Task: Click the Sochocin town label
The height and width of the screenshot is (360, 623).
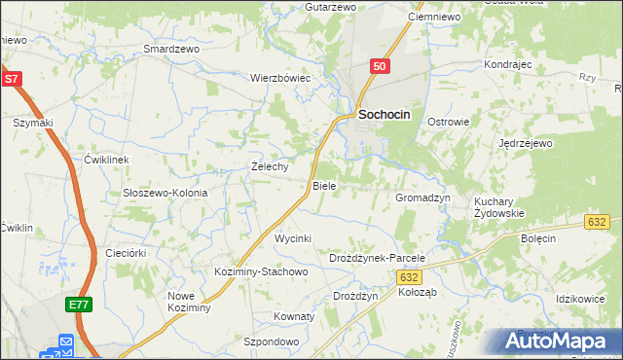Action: coord(385,114)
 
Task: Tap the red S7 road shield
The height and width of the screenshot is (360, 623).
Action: coord(11,80)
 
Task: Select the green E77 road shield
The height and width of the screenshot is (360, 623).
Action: coord(80,306)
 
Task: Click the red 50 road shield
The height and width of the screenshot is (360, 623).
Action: coord(381,65)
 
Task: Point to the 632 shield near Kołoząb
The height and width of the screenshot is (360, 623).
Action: coord(409,277)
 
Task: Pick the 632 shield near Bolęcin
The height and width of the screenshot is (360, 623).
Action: coord(599,222)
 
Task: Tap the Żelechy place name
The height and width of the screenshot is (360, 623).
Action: coord(270,166)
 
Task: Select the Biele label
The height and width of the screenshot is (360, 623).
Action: coord(324,185)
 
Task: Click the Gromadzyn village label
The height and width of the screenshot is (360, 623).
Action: coord(422,197)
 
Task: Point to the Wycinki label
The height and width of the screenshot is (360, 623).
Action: coord(292,238)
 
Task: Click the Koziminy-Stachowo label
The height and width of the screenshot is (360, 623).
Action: coord(261,271)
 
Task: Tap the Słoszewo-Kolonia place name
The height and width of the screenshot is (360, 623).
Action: coord(165,193)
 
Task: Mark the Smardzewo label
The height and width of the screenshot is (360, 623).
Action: coord(170,48)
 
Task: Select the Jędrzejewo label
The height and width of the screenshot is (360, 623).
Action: coord(525,143)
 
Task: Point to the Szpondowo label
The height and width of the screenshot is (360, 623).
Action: coord(271,342)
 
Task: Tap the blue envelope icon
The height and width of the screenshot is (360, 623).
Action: coord(66,342)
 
